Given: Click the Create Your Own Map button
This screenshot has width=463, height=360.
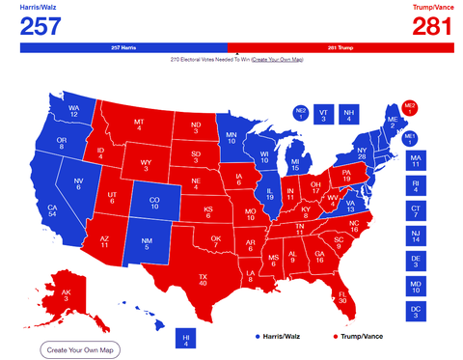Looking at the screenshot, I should [x=80, y=348].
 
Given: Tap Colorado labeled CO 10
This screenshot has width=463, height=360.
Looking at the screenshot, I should [x=153, y=204].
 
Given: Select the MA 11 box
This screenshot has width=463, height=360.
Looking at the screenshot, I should [x=416, y=159].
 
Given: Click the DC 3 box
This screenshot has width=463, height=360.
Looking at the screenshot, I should [x=416, y=310].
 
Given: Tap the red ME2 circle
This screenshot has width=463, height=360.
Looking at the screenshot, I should [x=410, y=107].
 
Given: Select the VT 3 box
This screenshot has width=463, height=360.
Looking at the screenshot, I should [x=323, y=115].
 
